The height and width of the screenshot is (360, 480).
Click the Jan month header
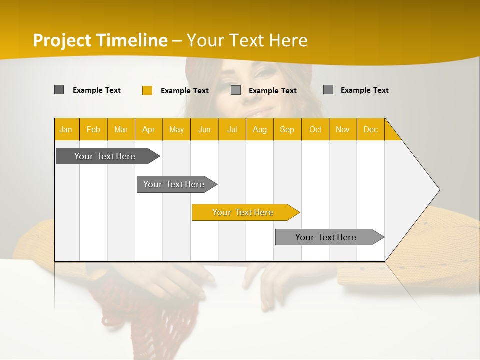66,129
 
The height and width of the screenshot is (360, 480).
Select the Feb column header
93,129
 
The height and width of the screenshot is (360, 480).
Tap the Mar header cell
121,129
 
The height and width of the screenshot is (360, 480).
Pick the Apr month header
148,129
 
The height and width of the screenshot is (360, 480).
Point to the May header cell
176,129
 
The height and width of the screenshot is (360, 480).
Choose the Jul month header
232,129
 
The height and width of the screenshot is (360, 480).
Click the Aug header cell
259,129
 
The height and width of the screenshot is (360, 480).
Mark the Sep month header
287,129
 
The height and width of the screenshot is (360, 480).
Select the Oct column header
315,129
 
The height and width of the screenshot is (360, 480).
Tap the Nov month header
342,129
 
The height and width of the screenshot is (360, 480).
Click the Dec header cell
370,129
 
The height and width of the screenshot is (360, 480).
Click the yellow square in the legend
147,90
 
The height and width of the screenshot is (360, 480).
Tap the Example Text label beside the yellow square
185,91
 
